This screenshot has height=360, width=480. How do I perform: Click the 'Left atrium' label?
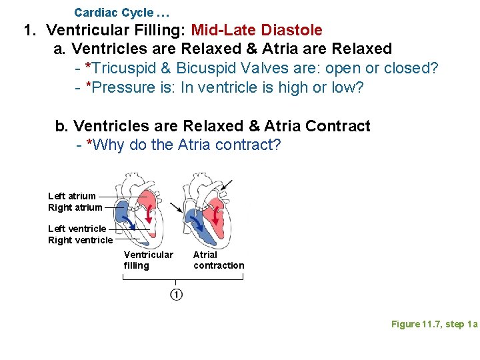(72, 196)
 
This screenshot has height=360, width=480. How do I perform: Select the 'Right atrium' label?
(75, 207)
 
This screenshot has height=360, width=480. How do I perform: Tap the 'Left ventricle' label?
(77, 229)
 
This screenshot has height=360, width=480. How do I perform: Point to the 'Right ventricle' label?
(80, 240)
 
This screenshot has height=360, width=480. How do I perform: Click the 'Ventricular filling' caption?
(148, 260)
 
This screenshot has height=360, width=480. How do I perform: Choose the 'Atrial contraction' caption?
(219, 260)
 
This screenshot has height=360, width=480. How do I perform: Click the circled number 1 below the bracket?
(176, 295)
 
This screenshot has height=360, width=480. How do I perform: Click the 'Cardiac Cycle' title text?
(113, 13)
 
